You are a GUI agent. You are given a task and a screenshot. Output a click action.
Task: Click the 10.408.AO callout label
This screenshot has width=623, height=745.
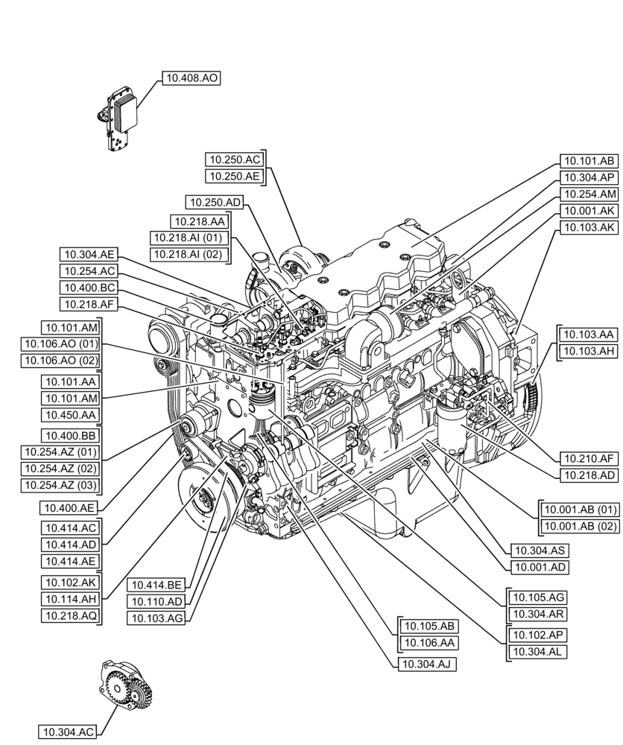192,77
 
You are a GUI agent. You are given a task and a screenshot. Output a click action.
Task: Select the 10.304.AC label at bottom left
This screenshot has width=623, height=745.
68,732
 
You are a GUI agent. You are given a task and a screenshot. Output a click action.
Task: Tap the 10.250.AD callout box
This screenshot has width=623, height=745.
215,202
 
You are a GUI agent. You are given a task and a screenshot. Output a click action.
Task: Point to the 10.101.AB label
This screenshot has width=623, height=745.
588,160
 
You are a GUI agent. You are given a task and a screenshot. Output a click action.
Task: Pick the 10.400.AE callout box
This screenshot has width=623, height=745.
68,507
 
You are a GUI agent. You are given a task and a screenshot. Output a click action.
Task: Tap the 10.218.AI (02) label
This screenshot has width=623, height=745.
188,254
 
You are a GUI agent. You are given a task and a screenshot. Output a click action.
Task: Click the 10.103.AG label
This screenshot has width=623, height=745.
156,618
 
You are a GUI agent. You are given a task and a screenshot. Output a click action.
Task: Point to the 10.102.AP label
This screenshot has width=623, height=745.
537,635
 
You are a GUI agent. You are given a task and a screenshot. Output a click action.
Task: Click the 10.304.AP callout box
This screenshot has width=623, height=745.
588,177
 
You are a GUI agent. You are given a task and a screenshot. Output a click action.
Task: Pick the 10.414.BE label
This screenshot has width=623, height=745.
156,584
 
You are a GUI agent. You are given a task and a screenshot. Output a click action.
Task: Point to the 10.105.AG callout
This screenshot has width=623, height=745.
537,597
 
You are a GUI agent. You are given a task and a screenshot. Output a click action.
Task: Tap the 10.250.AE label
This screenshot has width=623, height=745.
234,177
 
